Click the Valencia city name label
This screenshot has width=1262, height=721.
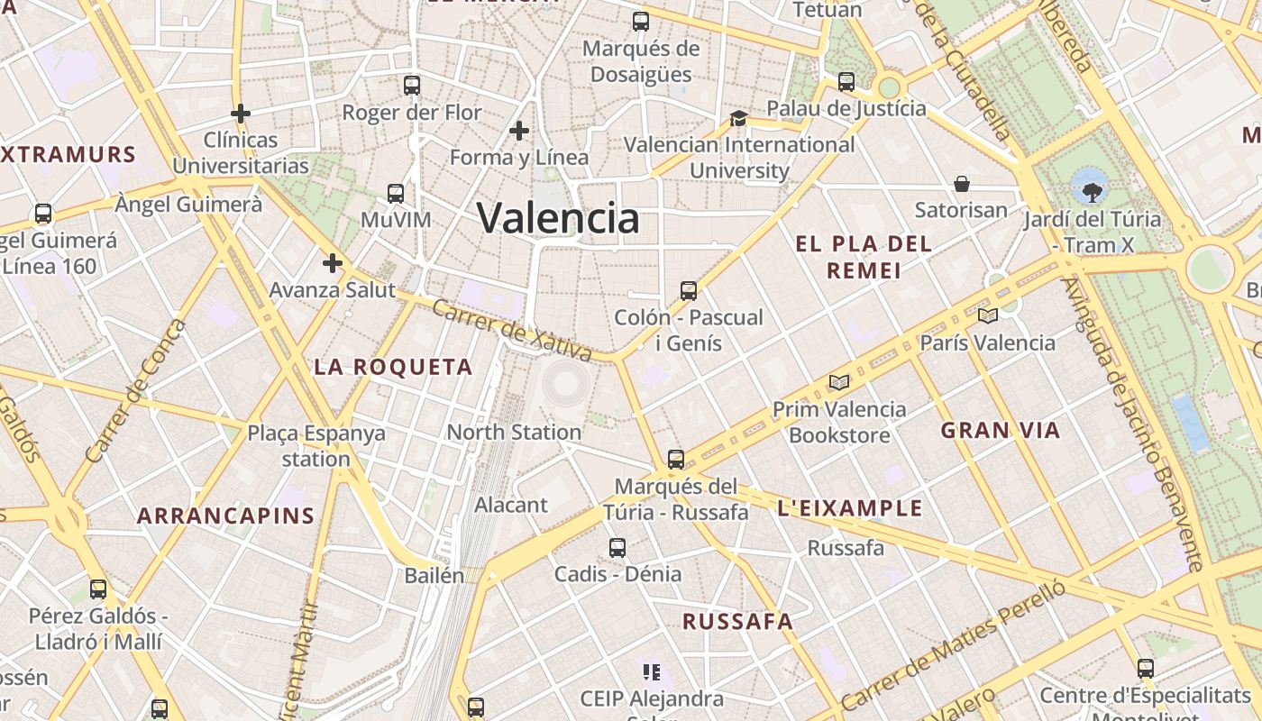(558, 218)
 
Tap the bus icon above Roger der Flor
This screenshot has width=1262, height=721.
(412, 86)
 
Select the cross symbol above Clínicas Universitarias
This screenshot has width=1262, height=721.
(241, 114)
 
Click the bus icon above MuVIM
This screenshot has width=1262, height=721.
(396, 193)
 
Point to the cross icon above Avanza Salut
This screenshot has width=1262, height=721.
(333, 263)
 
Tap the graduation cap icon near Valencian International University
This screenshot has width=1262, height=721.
(738, 118)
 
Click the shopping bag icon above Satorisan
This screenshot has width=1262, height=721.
(962, 184)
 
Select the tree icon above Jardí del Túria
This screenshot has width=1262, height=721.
(1092, 191)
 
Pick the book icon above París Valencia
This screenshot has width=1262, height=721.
(988, 315)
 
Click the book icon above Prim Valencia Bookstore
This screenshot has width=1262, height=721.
(839, 382)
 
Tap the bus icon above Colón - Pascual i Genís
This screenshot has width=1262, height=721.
(689, 290)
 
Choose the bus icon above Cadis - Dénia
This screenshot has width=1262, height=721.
(617, 547)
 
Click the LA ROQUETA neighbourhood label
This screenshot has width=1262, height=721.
(393, 367)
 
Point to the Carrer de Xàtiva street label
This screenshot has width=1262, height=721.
(511, 330)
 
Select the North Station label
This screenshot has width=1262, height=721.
(514, 432)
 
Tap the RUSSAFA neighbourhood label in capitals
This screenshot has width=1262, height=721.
(737, 621)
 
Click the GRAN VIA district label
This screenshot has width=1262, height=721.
(1001, 430)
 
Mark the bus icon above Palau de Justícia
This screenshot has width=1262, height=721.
(846, 82)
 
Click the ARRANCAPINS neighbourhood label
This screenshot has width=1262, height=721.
(225, 516)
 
